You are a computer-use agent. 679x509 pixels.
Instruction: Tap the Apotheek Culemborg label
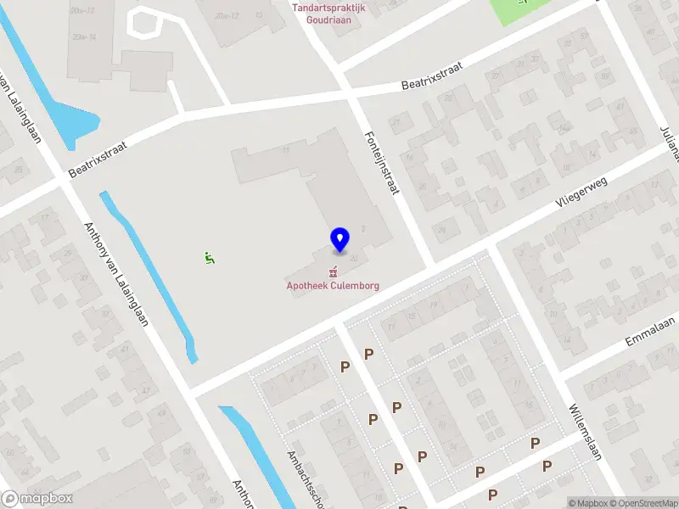click(333, 286)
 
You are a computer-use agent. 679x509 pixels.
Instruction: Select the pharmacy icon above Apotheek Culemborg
click(333, 272)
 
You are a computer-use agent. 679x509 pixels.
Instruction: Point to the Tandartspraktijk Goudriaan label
click(328, 14)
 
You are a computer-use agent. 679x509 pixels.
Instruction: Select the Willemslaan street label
click(586, 430)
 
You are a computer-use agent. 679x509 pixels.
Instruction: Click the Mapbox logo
click(36, 499)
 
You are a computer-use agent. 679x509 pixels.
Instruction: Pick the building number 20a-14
click(84, 37)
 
